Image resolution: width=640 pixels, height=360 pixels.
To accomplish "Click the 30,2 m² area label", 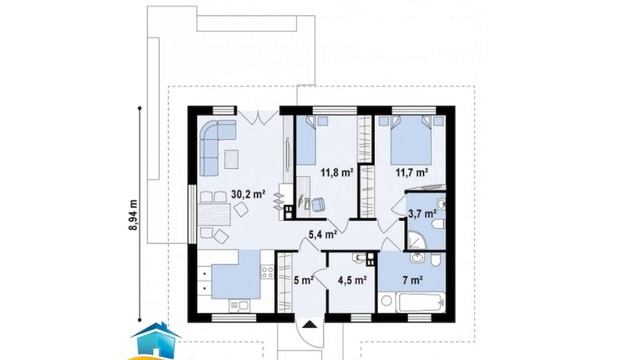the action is click(x=248, y=194).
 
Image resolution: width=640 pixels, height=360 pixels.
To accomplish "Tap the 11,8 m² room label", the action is click(x=337, y=172).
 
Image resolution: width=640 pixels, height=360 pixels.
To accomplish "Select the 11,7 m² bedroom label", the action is click(x=411, y=172).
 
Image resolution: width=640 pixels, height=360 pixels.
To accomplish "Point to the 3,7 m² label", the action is click(x=422, y=213).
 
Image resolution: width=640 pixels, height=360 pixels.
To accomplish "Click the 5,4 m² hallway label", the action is click(x=322, y=234).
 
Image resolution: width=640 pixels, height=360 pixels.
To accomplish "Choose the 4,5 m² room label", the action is click(x=352, y=280).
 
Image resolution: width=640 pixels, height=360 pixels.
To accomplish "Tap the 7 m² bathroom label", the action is click(x=412, y=280).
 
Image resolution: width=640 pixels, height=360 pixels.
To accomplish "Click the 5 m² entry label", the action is click(x=304, y=280).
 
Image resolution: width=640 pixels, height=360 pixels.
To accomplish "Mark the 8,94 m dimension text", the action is click(x=133, y=215).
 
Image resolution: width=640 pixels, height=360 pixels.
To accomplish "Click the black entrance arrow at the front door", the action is click(x=310, y=324).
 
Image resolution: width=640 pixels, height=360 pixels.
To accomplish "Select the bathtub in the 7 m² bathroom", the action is click(x=421, y=302).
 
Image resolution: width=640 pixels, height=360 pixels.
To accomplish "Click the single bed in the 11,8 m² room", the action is click(x=306, y=140).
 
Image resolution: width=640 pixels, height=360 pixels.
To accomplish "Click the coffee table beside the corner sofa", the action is click(x=231, y=159).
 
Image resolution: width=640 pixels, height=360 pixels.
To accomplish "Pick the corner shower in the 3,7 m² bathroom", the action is click(x=416, y=240).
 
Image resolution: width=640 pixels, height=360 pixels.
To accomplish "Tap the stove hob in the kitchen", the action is click(x=267, y=272).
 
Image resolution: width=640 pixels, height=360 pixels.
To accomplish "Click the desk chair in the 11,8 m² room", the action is click(x=318, y=204).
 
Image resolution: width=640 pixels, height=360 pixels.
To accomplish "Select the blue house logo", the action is click(x=155, y=341).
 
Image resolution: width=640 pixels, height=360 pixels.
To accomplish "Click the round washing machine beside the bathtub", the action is click(x=386, y=301).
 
